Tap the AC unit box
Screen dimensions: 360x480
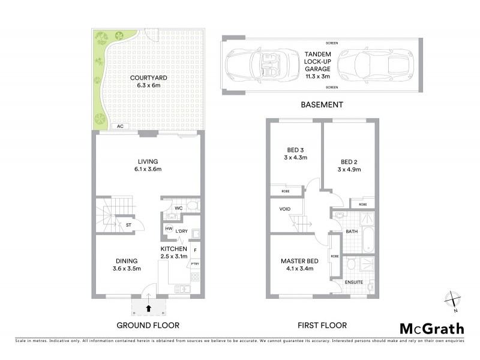click(x=120, y=127)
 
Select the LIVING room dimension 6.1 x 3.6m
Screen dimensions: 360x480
click(x=147, y=170)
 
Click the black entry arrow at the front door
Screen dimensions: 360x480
click(x=148, y=308)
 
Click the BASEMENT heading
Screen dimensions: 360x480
click(x=321, y=104)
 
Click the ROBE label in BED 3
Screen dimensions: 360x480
click(x=285, y=191)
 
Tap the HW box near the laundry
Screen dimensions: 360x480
click(x=169, y=229)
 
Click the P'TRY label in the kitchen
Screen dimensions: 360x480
click(x=195, y=263)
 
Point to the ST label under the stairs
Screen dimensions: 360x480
click(x=128, y=225)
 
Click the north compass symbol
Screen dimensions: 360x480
click(x=454, y=300)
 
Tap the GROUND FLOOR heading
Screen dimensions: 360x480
click(x=148, y=325)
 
